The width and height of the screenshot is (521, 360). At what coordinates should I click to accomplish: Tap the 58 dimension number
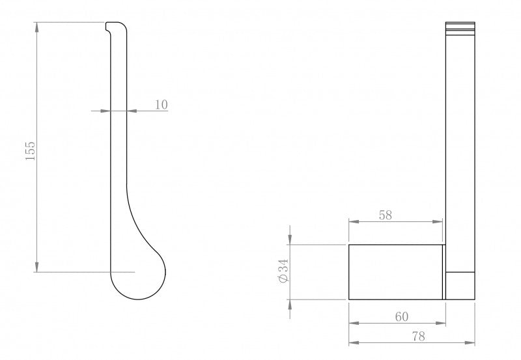pyautogui.click(x=385, y=215)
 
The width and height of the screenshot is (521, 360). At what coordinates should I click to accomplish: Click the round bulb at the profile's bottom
pyautogui.click(x=138, y=275)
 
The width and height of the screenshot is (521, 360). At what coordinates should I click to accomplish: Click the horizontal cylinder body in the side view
pyautogui.click(x=396, y=272)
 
